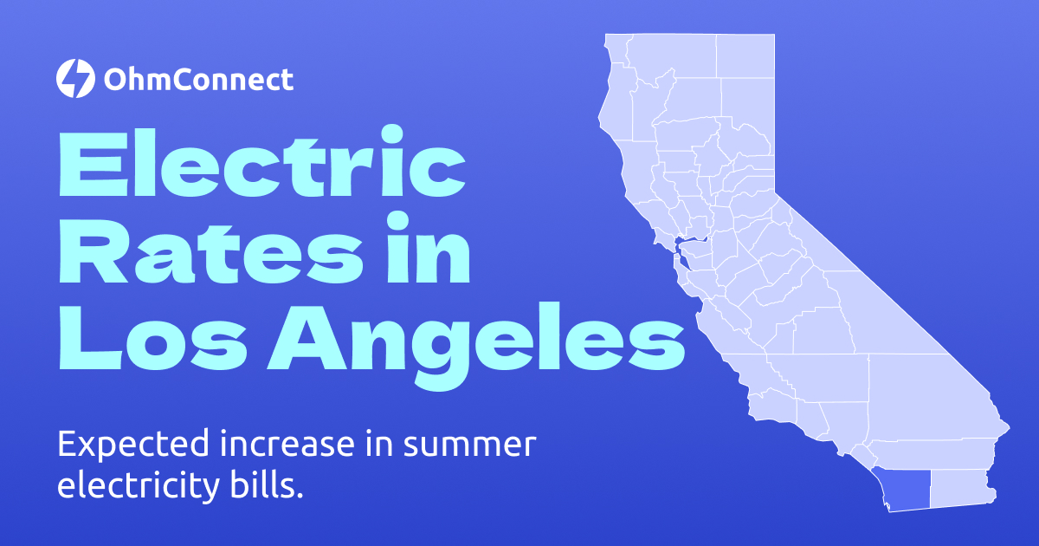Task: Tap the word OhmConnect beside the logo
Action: pos(198,81)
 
